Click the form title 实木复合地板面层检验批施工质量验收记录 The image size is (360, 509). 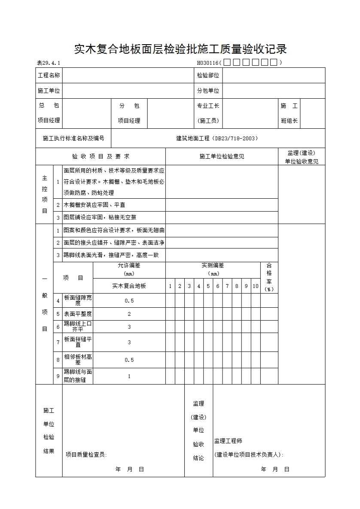point(180,49)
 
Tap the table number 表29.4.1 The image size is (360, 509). point(49,64)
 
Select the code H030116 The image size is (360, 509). point(208,63)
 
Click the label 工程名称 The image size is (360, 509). point(49,76)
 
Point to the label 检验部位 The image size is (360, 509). point(208,76)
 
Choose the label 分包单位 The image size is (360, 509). point(208,91)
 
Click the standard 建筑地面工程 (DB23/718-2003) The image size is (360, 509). point(217,138)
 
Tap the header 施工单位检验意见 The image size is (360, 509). point(222,157)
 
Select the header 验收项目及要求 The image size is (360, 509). point(101,157)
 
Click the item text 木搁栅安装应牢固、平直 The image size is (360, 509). point(95,205)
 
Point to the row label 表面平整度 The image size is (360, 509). point(78,314)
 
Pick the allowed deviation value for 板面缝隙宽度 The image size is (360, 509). point(129,301)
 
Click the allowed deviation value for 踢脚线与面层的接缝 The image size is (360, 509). point(129,376)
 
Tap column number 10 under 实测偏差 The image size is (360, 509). point(255,286)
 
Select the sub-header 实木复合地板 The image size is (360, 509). point(129,286)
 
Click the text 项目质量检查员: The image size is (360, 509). point(86,455)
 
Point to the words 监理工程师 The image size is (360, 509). point(228,441)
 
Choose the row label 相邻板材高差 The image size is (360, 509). point(78,360)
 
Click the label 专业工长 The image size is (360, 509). point(208,106)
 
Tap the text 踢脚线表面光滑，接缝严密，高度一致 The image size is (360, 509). point(111,255)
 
